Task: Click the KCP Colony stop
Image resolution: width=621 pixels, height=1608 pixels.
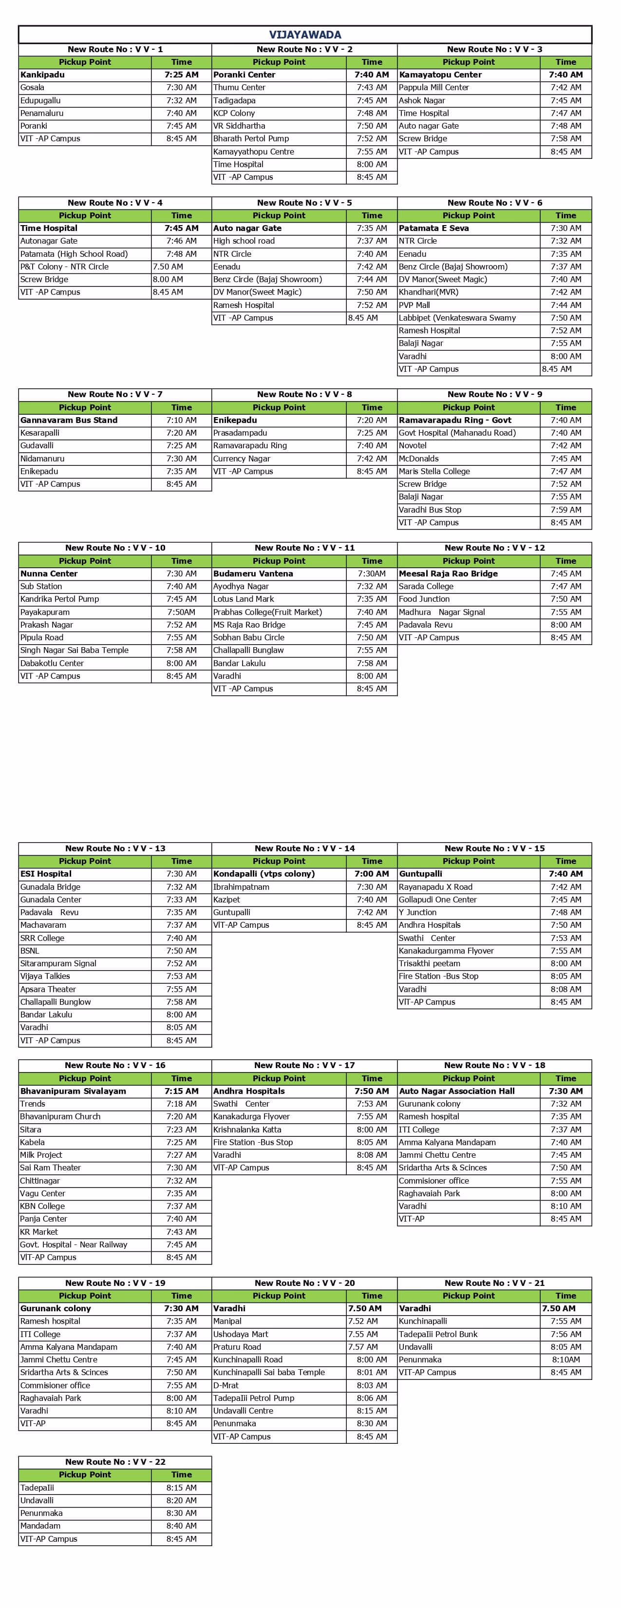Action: (x=234, y=113)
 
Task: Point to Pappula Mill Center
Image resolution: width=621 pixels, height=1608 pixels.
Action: (x=434, y=87)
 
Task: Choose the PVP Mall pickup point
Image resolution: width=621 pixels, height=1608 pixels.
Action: (x=414, y=305)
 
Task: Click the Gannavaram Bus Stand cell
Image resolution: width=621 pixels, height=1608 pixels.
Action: (x=69, y=420)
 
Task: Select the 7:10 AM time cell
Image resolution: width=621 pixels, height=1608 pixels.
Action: (x=182, y=420)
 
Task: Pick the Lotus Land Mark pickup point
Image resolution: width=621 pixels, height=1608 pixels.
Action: (x=244, y=599)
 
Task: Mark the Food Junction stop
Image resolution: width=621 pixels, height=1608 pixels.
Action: (x=424, y=599)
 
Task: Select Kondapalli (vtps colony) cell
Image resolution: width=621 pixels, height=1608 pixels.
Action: (x=264, y=874)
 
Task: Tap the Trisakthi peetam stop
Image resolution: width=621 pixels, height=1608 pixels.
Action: (x=430, y=964)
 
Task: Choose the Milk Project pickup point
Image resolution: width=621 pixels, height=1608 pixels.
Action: (x=41, y=1155)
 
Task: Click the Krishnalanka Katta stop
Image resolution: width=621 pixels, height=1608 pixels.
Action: (x=247, y=1129)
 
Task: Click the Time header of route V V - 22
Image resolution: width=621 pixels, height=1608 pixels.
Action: (x=182, y=1474)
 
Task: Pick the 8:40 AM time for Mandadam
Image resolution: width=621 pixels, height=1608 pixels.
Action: (x=182, y=1526)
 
